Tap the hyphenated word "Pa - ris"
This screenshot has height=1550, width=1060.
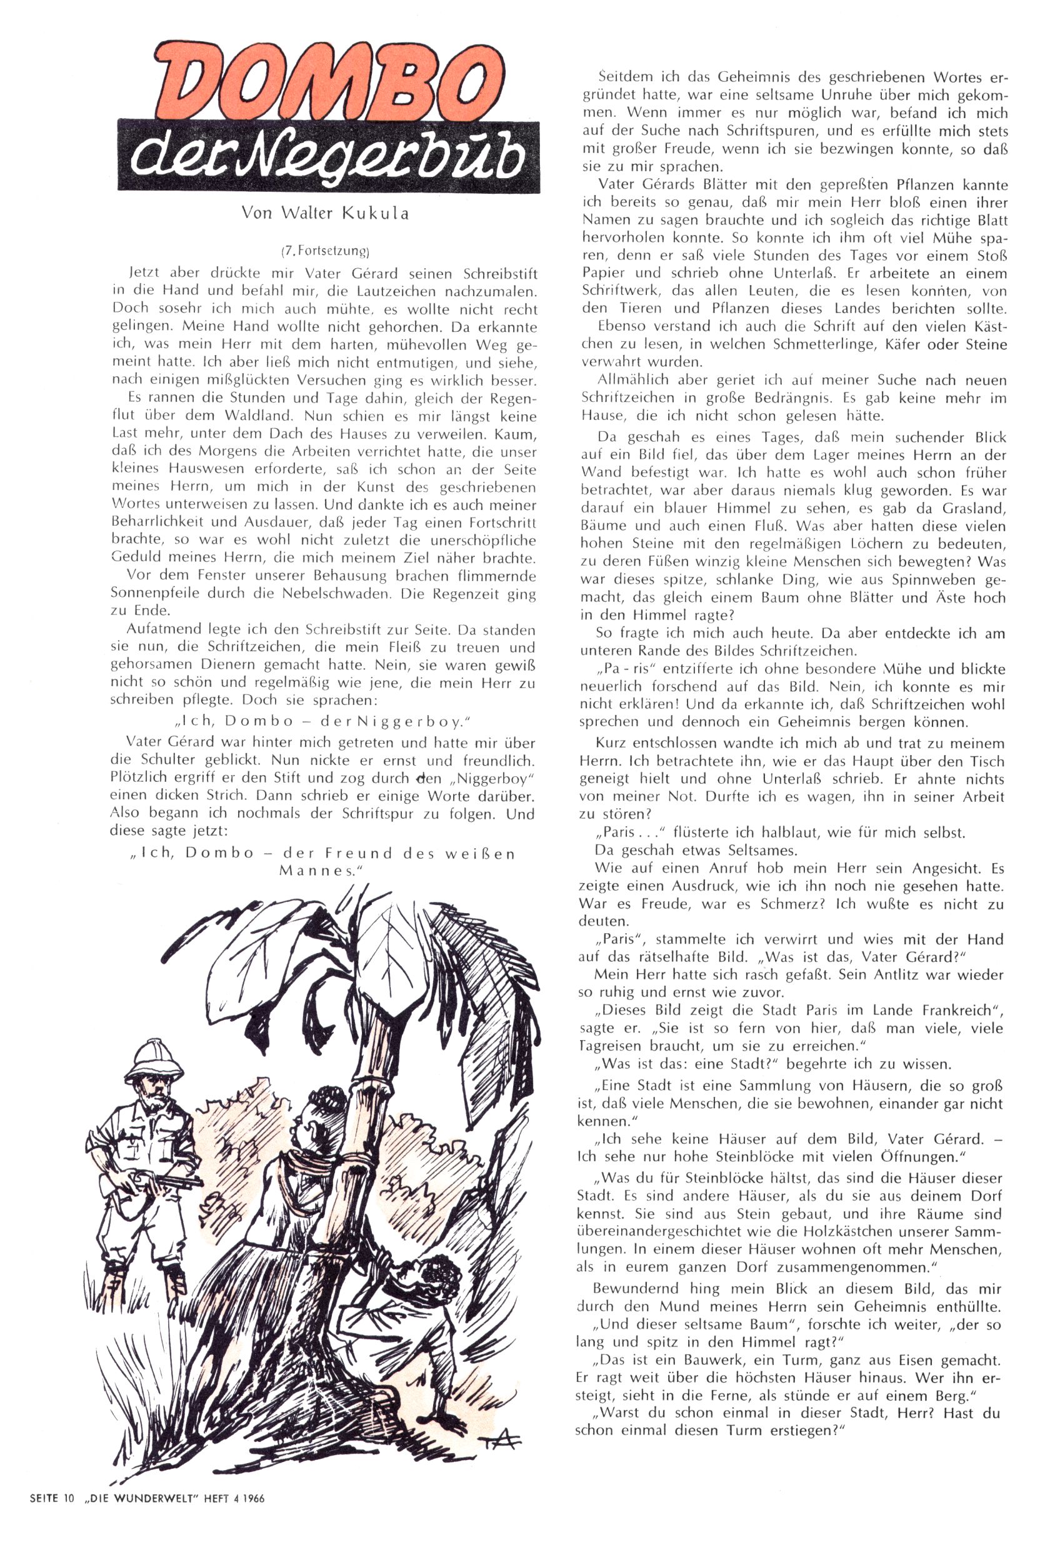pos(623,669)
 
